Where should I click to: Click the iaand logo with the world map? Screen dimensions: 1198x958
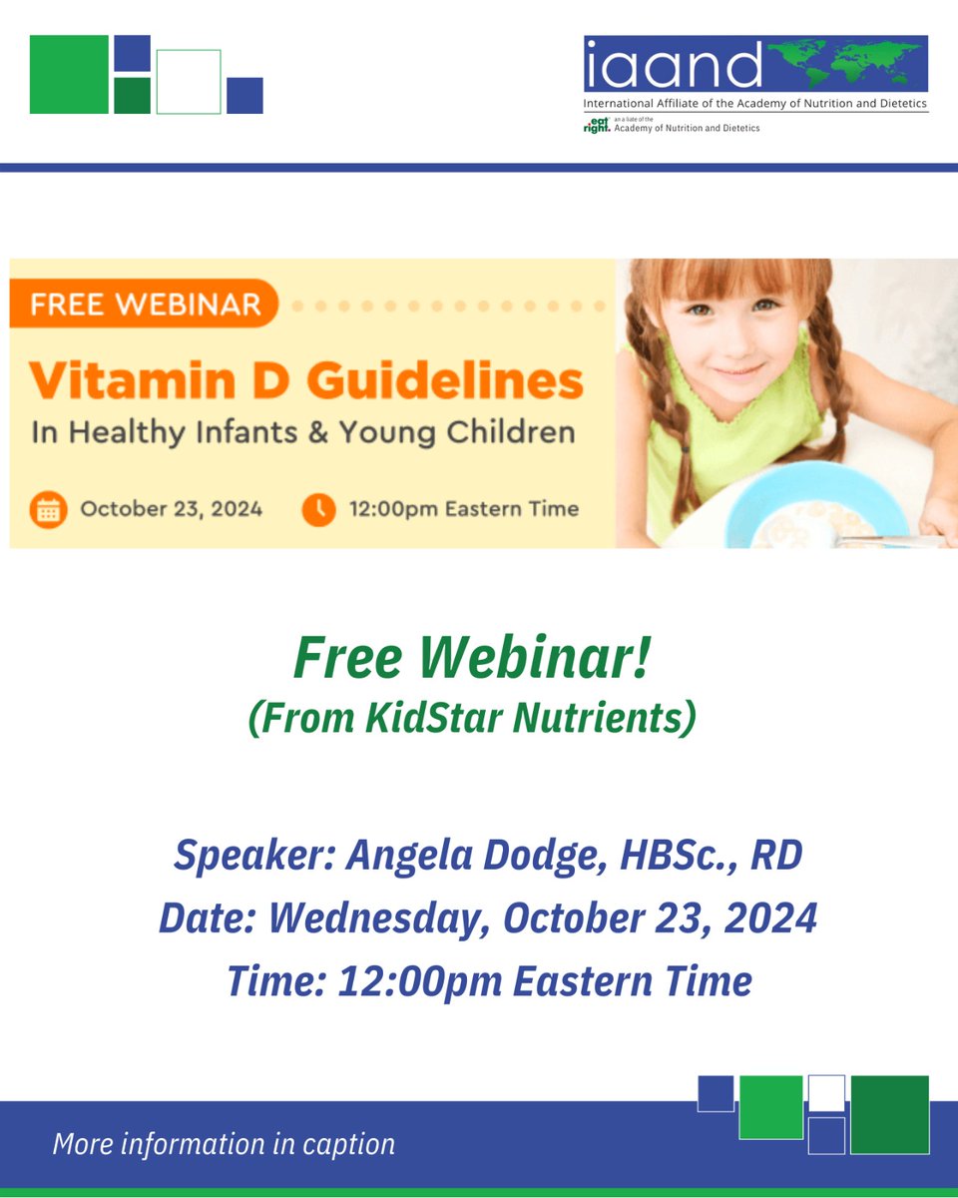(755, 65)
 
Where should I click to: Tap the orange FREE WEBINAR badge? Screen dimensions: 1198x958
(144, 302)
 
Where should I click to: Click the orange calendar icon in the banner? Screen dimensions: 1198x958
(47, 509)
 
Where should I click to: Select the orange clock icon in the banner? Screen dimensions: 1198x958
(318, 509)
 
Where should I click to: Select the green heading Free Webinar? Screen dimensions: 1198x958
(472, 660)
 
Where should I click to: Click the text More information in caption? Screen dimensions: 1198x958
(224, 1144)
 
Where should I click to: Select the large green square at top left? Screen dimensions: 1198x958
(69, 75)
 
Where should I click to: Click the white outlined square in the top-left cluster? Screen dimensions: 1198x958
(189, 82)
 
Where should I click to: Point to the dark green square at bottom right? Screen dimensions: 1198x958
(889, 1114)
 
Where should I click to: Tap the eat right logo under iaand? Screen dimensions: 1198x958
(597, 125)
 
